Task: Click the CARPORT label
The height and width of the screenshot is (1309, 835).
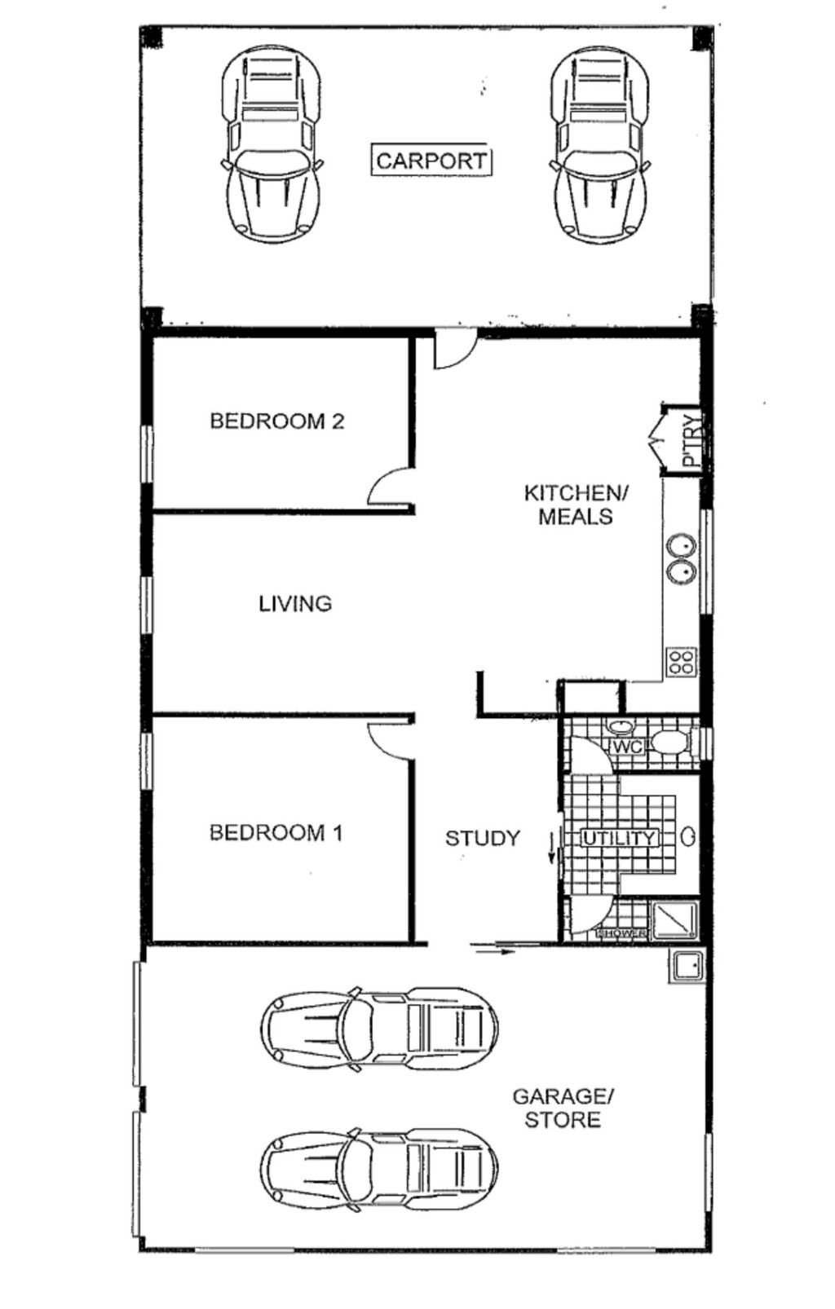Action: [x=431, y=160]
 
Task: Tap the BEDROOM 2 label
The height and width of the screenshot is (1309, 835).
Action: [x=277, y=421]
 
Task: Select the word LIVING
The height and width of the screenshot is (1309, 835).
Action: [x=295, y=603]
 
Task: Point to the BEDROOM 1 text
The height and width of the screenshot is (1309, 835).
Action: [x=276, y=832]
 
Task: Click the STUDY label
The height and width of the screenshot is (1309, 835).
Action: [x=483, y=838]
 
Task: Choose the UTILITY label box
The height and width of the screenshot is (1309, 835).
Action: [x=619, y=837]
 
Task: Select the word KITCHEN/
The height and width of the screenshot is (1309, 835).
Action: [x=576, y=493]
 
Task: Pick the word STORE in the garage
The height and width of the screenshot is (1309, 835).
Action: [x=563, y=1120]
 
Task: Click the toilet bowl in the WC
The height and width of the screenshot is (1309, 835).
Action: [x=670, y=743]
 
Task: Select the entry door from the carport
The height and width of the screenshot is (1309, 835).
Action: [x=455, y=350]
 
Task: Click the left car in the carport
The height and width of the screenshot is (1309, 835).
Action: [x=272, y=144]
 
